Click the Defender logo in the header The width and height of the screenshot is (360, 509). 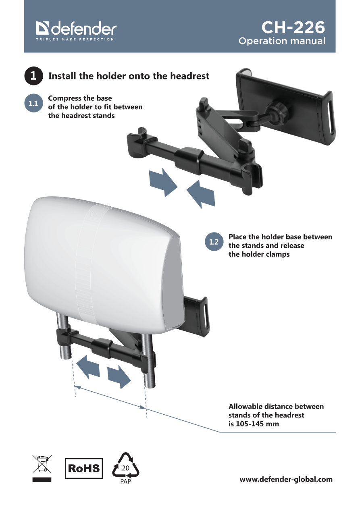76,29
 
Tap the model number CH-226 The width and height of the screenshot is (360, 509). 293,27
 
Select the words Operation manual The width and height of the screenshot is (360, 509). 282,41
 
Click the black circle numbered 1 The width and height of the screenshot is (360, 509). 33,76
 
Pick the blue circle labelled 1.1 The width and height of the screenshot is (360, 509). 33,104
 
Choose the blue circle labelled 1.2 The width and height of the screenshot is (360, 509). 214,242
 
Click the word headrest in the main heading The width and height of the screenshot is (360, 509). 190,76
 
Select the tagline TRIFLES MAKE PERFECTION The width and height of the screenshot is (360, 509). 75,39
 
